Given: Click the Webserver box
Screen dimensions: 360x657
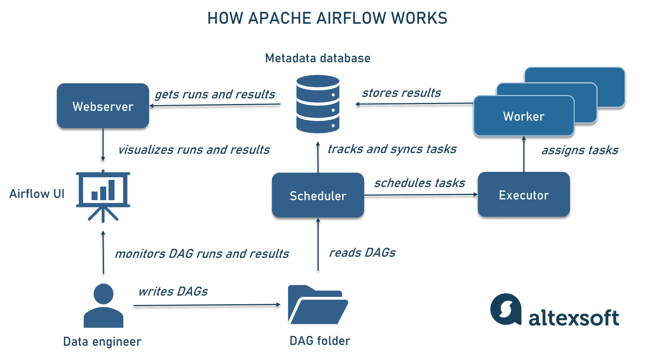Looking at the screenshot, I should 103,106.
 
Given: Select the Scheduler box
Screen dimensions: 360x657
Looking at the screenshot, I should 318,195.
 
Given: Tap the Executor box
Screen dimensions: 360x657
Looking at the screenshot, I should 523,195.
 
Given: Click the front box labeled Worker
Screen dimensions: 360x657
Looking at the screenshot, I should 523,116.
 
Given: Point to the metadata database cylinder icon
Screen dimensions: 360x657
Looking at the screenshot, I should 318,104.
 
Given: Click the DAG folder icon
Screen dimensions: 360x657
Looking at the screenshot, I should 317,305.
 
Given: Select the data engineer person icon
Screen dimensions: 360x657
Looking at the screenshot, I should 103,306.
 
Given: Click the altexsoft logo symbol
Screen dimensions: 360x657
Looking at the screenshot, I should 506,309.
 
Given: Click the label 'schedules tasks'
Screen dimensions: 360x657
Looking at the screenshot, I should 419,183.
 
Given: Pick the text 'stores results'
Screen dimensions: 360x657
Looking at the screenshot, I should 401,93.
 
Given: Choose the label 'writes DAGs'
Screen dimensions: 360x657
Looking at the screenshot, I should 173,291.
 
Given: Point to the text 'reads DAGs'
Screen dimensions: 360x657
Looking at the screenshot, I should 362,253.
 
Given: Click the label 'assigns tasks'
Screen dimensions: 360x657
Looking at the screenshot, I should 580,150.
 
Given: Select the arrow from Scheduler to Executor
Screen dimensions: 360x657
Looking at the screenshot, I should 420,195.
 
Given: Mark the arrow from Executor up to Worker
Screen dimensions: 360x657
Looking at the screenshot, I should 524,154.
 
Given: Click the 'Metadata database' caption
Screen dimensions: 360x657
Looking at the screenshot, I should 318,58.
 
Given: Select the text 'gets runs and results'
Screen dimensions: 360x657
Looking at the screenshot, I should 215,94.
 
